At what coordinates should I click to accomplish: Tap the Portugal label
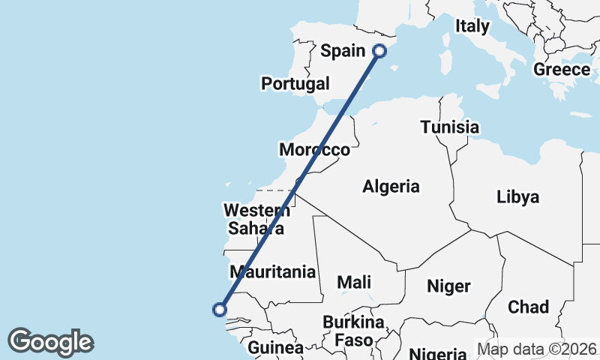point(295,83)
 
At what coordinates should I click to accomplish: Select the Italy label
point(472,26)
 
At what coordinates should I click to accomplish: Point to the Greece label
point(562,70)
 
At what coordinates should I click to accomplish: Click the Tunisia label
point(449,127)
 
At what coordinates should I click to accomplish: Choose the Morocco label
point(314,150)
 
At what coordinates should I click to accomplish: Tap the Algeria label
point(391,187)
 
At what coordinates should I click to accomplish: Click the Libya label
point(517,197)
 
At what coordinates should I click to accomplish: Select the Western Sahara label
point(256,218)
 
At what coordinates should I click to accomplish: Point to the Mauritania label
point(273,271)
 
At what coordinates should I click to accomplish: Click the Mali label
point(354,282)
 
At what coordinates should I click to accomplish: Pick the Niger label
point(448,286)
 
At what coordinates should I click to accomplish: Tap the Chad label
point(528,307)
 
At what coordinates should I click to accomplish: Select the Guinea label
point(275,348)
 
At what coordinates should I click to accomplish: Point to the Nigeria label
point(440,353)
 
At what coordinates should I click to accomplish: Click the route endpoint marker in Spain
point(379,51)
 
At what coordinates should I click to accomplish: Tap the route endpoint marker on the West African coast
point(220,309)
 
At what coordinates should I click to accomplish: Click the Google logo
point(50,342)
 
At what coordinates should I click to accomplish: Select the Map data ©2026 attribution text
point(537,349)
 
